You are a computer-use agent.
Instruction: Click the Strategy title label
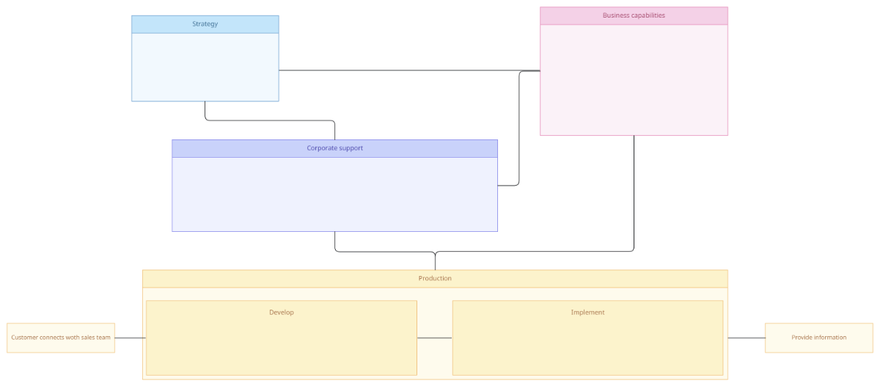tap(205, 24)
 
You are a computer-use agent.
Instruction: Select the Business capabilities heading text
tap(634, 15)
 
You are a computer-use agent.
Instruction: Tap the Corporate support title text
tap(334, 148)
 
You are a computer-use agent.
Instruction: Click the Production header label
tap(435, 278)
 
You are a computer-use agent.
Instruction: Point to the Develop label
tap(282, 313)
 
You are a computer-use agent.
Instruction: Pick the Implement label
tap(587, 313)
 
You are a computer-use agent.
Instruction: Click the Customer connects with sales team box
tap(61, 338)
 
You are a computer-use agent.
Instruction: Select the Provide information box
tap(818, 338)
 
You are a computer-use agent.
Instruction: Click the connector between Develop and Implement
tap(434, 338)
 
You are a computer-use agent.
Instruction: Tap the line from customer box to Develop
tap(130, 338)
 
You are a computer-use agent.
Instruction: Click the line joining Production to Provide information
tap(746, 338)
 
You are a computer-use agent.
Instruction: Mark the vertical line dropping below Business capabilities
tap(634, 191)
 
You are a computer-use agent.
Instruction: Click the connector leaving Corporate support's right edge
tap(519, 132)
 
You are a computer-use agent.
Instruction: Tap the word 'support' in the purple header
tap(349, 148)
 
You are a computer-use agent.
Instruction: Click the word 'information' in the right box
tap(829, 338)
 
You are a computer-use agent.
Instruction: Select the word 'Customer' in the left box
tap(26, 338)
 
